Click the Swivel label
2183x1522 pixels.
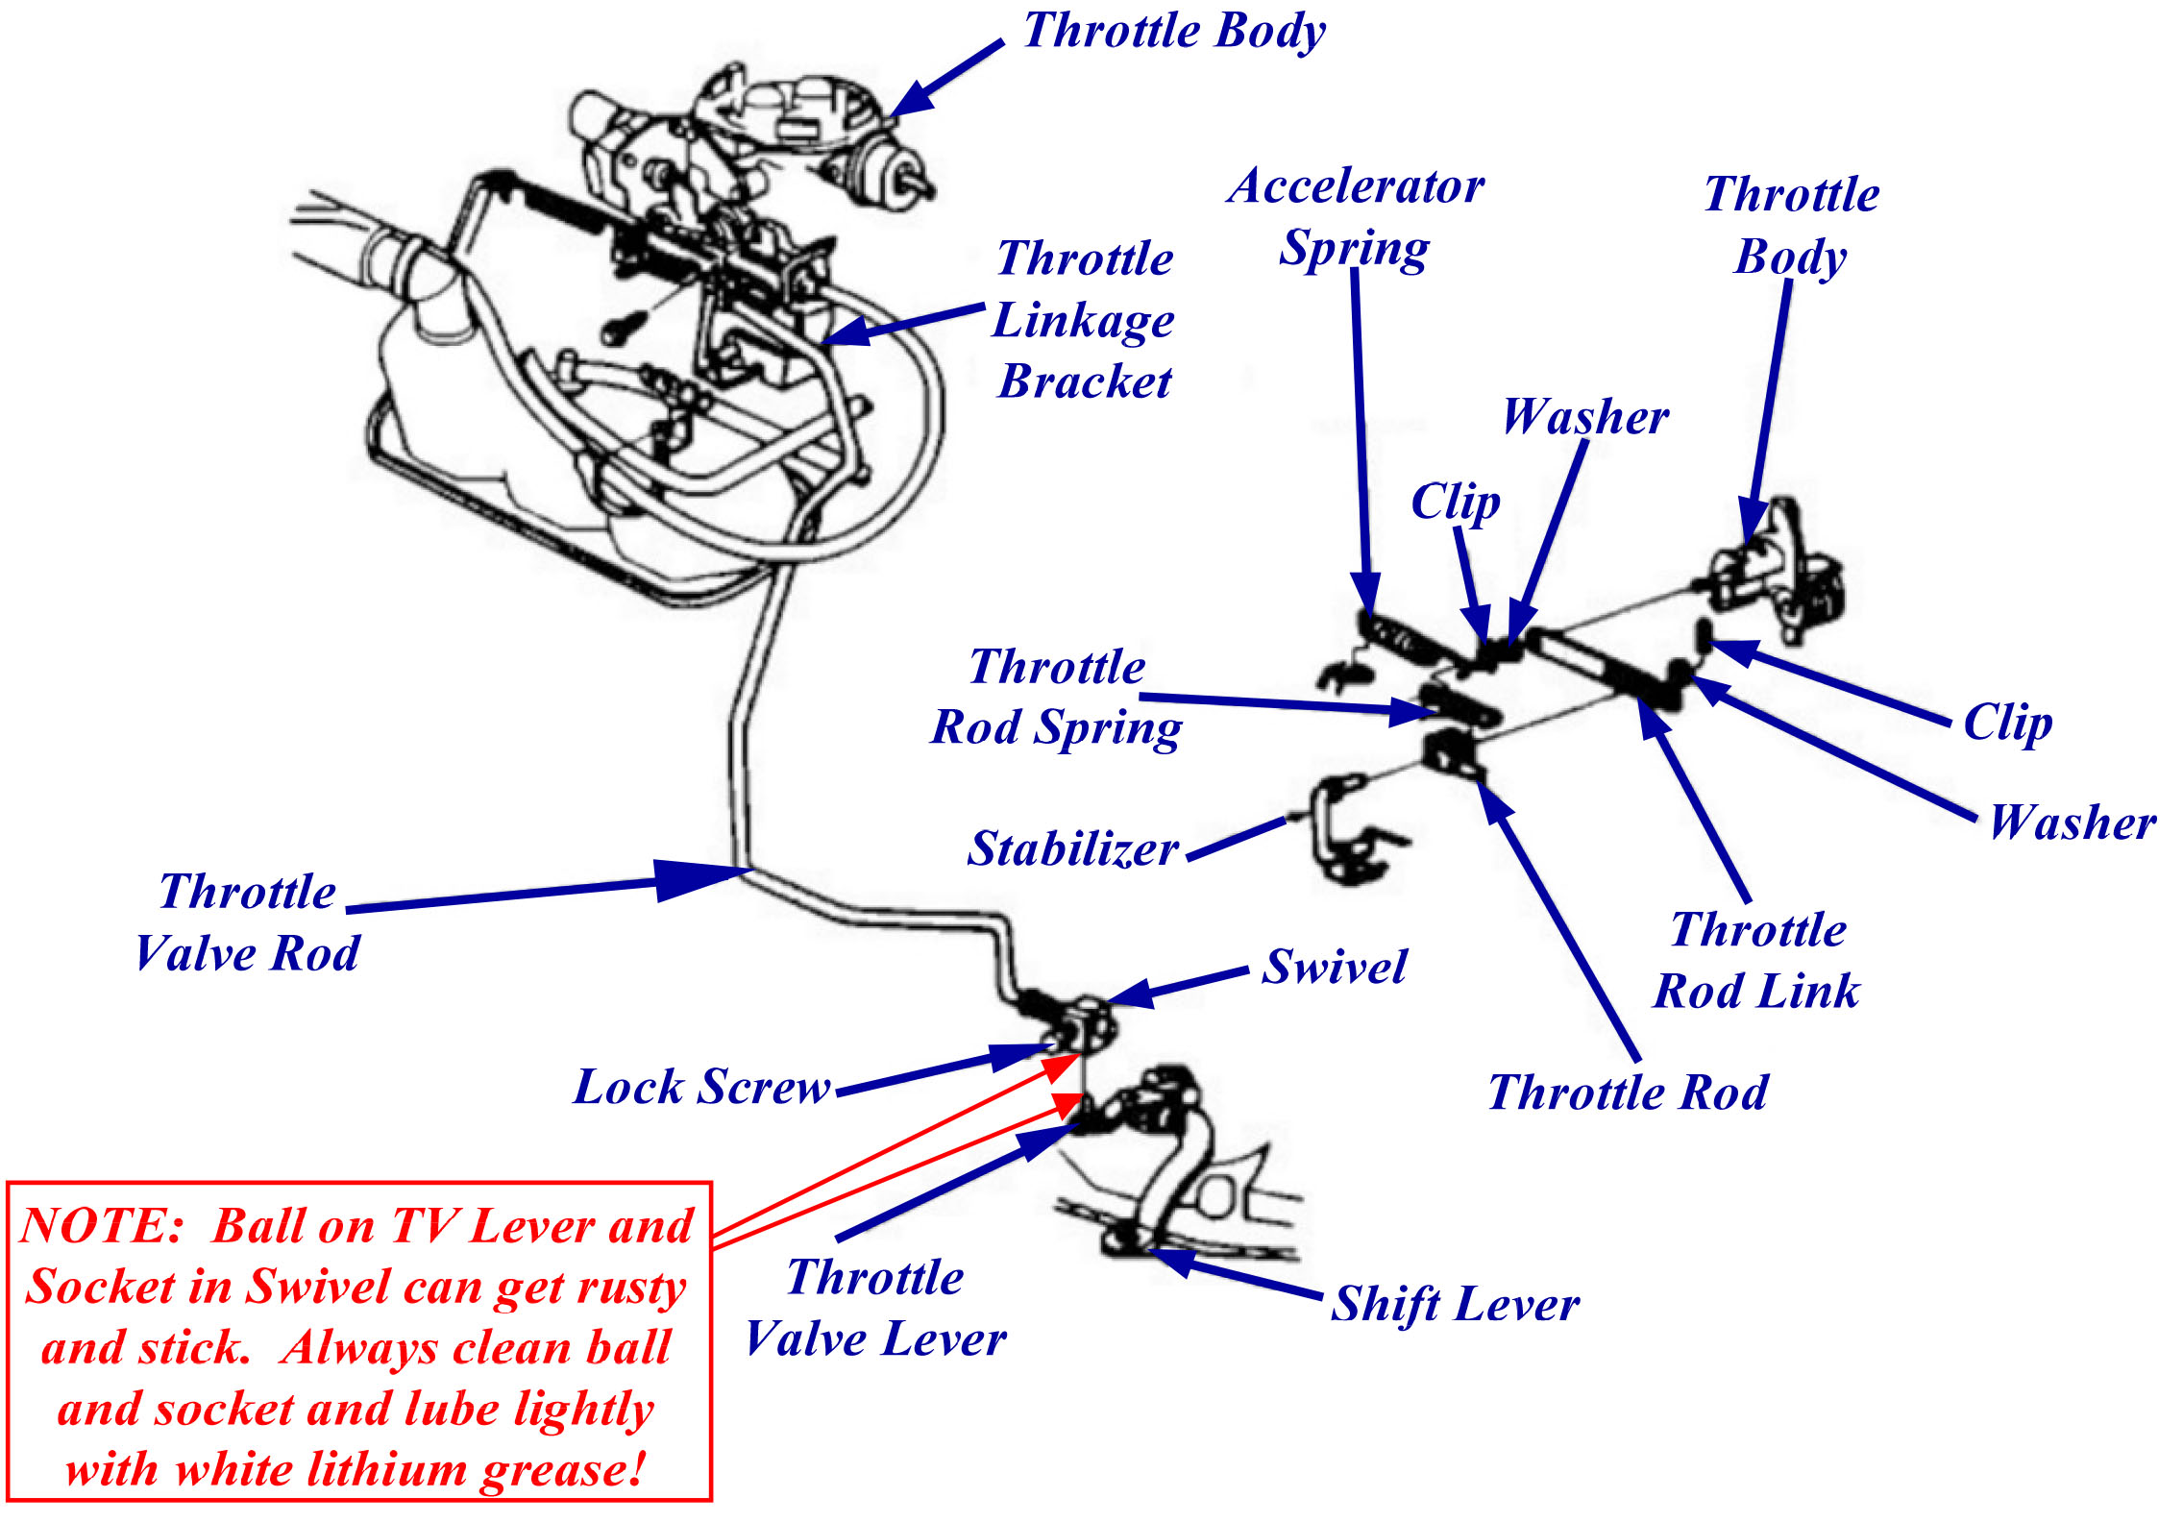pos(1334,967)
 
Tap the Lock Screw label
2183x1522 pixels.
pos(701,1087)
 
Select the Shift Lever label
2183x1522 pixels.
pos(1455,1304)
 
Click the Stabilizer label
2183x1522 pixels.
pos(1072,848)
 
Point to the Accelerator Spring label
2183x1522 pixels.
pos(1355,217)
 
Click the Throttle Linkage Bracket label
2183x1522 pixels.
pos(1084,319)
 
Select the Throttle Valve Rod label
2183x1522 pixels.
pos(247,922)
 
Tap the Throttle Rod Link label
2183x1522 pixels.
pos(1756,960)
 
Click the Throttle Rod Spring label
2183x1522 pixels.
pos(1056,697)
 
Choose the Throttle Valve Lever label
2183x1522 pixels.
pos(875,1308)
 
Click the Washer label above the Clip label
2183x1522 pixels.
pos(1584,417)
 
